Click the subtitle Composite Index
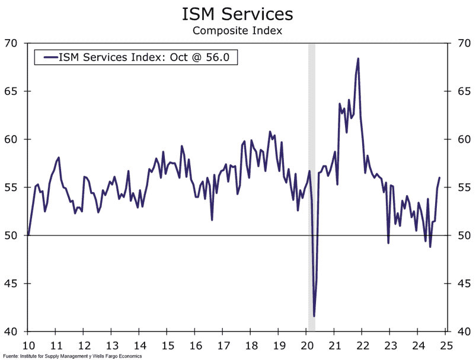click(237, 30)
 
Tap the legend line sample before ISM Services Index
click(46, 57)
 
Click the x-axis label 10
click(28, 345)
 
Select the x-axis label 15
click(167, 345)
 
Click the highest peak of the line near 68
click(358, 59)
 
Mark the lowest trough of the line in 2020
click(314, 316)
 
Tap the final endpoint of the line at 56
click(440, 178)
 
